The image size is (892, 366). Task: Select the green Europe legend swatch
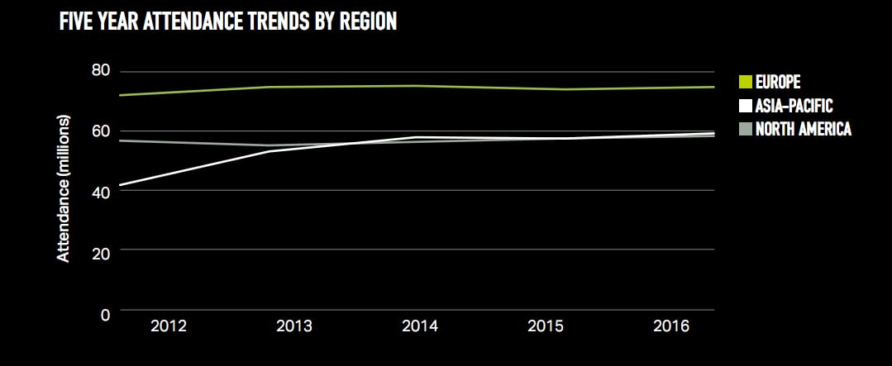(745, 82)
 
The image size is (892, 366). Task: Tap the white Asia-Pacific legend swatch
(745, 106)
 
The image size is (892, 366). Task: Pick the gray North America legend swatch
(745, 129)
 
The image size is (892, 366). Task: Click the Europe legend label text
(778, 82)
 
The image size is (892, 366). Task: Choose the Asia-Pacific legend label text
(794, 106)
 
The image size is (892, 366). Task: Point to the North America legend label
(803, 129)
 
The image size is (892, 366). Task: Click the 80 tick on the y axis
(100, 71)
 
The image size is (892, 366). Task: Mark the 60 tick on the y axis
(100, 131)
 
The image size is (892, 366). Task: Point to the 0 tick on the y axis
(105, 314)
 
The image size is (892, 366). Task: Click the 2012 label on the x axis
(168, 326)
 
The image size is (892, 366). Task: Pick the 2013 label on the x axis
(294, 326)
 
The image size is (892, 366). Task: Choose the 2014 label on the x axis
(419, 326)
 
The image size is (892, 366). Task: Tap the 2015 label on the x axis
(546, 326)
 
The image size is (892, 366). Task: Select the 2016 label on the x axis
(671, 326)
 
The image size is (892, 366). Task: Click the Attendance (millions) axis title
(64, 189)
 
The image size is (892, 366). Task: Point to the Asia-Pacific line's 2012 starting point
(121, 185)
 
